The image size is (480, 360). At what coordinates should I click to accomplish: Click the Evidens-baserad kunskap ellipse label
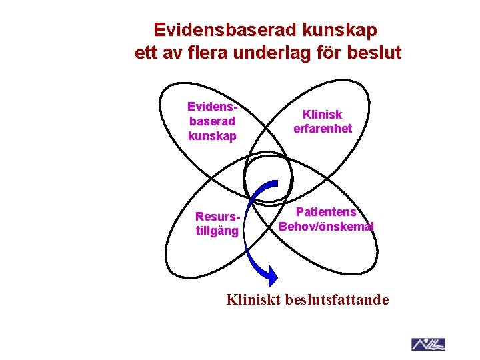click(212, 121)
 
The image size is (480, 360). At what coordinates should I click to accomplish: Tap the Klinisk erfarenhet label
click(322, 122)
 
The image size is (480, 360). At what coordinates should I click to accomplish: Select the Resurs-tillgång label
click(217, 224)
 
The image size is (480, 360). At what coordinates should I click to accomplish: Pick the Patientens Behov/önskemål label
click(326, 219)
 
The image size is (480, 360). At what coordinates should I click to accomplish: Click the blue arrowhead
click(267, 273)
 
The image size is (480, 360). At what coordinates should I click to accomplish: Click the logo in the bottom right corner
click(428, 344)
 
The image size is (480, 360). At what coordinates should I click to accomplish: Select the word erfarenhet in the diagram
click(322, 129)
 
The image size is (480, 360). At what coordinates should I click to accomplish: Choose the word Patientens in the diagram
click(327, 212)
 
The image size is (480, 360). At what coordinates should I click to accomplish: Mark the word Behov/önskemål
click(326, 226)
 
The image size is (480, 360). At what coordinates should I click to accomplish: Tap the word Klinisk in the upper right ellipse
click(322, 115)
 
